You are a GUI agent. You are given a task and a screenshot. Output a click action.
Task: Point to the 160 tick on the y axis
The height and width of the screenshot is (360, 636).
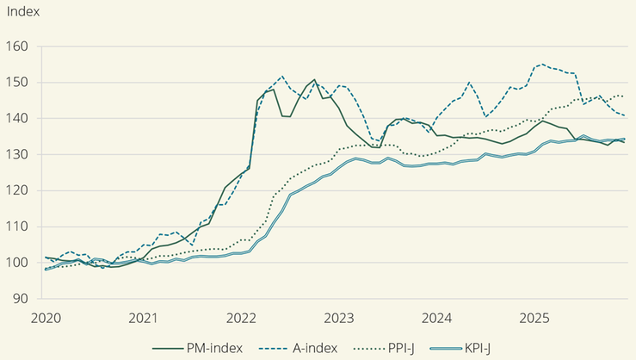point(18,47)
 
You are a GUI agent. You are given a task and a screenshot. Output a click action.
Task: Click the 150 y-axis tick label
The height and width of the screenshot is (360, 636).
point(18,83)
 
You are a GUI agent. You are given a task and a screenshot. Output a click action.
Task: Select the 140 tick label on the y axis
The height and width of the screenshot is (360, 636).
point(18,119)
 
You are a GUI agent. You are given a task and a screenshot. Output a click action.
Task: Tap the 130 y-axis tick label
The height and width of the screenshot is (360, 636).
point(18,155)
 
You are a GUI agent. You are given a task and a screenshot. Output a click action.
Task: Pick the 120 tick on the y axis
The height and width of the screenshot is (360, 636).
point(18,190)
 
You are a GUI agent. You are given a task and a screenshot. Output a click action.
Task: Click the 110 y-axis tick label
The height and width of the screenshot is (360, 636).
point(18,227)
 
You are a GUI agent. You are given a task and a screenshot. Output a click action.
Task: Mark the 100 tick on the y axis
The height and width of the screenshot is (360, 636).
point(18,263)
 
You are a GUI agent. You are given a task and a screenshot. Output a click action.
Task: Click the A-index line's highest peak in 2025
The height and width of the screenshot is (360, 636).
point(540,65)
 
